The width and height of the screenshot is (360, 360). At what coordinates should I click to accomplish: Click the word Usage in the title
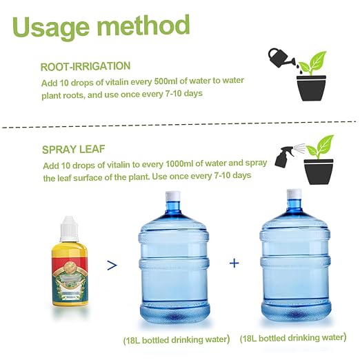coord(51,27)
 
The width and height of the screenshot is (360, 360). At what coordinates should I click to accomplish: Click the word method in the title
coord(143,25)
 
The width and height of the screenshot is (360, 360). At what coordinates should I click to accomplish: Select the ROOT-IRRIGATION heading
coord(86,66)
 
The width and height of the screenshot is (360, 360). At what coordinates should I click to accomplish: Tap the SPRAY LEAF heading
coord(74,150)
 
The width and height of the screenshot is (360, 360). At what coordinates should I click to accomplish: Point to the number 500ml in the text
coord(166,81)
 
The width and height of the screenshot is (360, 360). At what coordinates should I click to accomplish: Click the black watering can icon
coord(281,58)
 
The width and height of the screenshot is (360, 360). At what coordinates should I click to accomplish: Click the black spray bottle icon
coord(284,157)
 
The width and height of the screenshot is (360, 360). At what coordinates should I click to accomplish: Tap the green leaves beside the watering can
coord(312,63)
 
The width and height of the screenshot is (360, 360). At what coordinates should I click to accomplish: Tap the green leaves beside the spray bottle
coord(320,146)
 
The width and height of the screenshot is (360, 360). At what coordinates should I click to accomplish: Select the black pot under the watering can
coord(311,88)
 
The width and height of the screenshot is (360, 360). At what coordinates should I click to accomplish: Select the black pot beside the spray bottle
coord(319,172)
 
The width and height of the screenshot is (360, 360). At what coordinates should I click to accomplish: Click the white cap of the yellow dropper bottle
coord(69,229)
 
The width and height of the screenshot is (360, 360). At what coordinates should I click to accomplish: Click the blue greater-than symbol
coord(112,265)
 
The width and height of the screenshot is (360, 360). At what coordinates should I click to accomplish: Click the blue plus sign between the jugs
coord(234,263)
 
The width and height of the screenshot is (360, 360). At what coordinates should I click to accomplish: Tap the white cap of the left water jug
coord(173,196)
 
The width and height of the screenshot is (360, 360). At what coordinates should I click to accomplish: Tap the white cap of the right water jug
coord(294,194)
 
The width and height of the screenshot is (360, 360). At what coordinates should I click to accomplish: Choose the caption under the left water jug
coord(177,340)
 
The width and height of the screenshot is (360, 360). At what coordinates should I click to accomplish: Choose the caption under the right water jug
coord(293,338)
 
